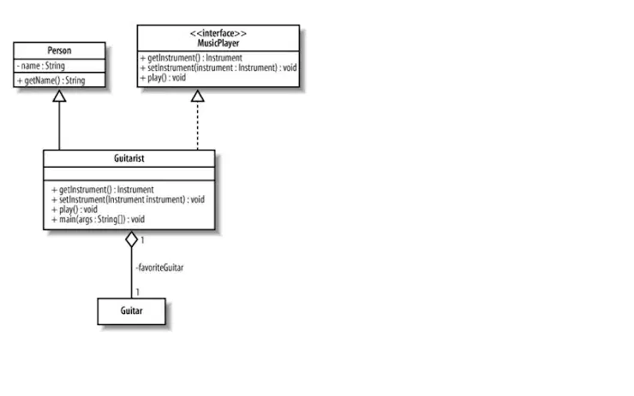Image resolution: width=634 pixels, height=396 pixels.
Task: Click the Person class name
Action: pyautogui.click(x=59, y=50)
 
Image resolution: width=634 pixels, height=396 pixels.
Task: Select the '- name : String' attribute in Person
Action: pyautogui.click(x=41, y=66)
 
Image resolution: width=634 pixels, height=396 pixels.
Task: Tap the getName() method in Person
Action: pyautogui.click(x=51, y=80)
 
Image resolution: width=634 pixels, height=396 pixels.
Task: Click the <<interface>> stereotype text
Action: pyautogui.click(x=218, y=33)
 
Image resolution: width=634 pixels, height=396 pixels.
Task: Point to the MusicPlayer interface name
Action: pyautogui.click(x=218, y=43)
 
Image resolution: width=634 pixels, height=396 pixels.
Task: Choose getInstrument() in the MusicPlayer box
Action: pyautogui.click(x=191, y=57)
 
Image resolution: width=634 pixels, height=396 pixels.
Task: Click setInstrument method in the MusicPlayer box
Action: pyautogui.click(x=218, y=68)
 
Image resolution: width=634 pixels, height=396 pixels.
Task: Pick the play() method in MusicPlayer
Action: pyautogui.click(x=163, y=78)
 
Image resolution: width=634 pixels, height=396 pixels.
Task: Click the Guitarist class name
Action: pyautogui.click(x=129, y=158)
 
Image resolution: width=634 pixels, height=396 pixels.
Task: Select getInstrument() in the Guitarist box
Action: pyautogui.click(x=103, y=189)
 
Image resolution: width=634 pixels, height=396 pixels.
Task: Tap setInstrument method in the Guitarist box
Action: pyautogui.click(x=129, y=199)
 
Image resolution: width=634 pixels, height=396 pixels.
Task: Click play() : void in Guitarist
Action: pyautogui.click(x=75, y=209)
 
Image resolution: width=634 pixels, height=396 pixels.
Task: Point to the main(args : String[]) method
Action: pyautogui.click(x=98, y=219)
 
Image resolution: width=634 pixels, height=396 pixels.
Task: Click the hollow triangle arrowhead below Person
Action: pyautogui.click(x=59, y=96)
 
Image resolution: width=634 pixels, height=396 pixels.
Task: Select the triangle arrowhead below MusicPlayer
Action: pyautogui.click(x=198, y=96)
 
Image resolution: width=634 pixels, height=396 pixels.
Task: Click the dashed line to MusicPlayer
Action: pyautogui.click(x=198, y=126)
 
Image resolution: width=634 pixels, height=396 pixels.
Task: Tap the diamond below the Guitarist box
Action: pyautogui.click(x=131, y=239)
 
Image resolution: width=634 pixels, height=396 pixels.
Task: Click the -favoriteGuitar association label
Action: pyautogui.click(x=159, y=268)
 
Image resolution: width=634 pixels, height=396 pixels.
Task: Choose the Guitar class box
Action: pyautogui.click(x=131, y=311)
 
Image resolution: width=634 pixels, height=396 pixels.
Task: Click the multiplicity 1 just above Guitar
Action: pyautogui.click(x=138, y=293)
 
